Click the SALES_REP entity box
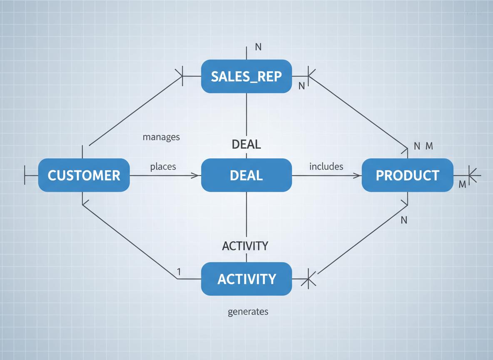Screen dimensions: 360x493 coord(246,76)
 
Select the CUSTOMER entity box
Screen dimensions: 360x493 coord(84,175)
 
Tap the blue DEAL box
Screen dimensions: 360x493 coord(246,175)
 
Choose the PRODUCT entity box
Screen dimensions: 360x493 coord(407,175)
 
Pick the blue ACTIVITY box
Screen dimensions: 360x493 coord(246,279)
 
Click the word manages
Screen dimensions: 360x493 coord(161,137)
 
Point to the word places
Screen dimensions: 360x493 coord(163,167)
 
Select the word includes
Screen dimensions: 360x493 coord(326,166)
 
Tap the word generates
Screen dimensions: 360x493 coord(248,311)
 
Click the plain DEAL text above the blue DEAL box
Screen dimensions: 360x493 coord(246,144)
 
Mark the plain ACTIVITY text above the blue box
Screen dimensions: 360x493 coord(245,246)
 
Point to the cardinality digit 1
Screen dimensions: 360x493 coord(179,271)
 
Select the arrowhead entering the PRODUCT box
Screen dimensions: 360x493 coord(357,175)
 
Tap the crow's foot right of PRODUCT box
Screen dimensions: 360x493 coord(473,175)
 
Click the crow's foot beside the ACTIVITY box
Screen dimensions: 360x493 coord(310,278)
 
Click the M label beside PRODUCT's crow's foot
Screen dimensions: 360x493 coord(462,185)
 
